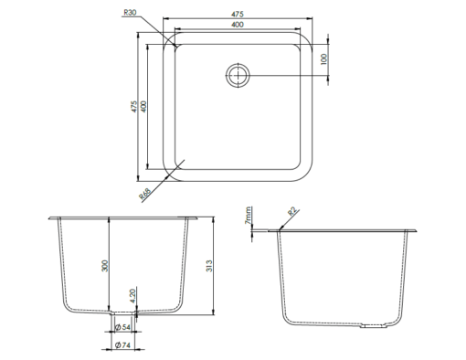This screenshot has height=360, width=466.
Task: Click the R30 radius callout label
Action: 130,13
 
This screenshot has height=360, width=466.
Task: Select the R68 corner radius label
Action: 145,194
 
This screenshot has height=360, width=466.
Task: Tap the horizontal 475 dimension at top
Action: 238,14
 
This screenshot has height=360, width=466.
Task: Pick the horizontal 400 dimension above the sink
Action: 238,25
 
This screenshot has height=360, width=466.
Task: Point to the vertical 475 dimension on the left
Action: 134,107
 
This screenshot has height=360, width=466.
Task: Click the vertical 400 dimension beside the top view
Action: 143,107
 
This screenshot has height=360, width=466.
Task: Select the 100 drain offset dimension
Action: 323,59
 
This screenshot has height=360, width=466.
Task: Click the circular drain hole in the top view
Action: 238,75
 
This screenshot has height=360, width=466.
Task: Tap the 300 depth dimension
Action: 105,266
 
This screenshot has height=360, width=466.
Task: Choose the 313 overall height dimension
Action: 209,266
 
